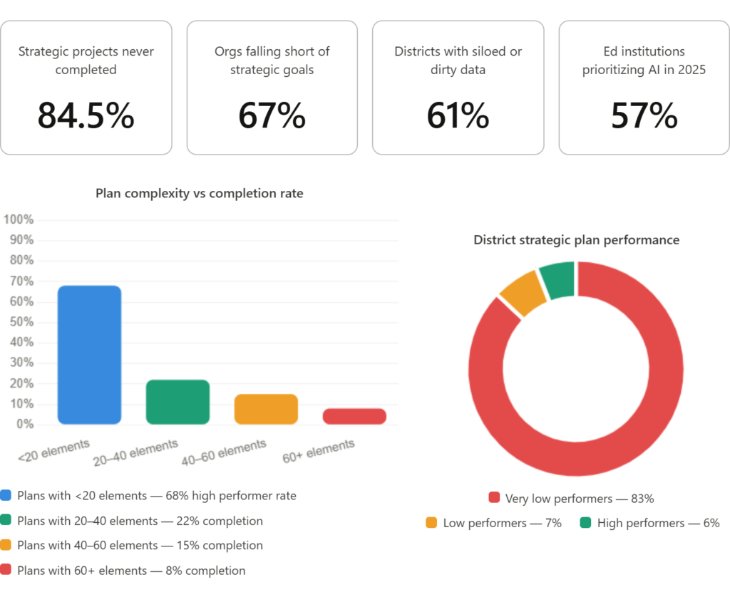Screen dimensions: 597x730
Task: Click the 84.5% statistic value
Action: click(86, 116)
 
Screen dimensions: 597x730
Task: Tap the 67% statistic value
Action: click(272, 116)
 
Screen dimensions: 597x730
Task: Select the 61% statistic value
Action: click(458, 116)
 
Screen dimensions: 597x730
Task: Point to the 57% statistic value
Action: click(644, 116)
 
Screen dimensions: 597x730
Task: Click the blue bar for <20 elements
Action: click(89, 355)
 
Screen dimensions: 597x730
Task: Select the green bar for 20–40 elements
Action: click(178, 402)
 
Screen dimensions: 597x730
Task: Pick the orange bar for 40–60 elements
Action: click(266, 409)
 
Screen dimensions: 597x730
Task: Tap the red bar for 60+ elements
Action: click(354, 416)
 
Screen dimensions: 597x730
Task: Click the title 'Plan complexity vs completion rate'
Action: click(200, 193)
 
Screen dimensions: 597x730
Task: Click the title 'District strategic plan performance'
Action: click(576, 240)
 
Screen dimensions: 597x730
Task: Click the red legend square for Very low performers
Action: click(494, 498)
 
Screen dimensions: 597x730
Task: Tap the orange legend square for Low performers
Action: click(431, 523)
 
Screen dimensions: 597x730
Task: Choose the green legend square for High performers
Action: click(585, 523)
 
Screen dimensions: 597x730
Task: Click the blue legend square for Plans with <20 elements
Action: click(6, 496)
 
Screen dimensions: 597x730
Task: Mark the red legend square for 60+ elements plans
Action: click(6, 571)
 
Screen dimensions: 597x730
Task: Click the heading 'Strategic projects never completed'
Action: click(86, 61)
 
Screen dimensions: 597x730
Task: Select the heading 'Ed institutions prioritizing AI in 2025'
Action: click(644, 61)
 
